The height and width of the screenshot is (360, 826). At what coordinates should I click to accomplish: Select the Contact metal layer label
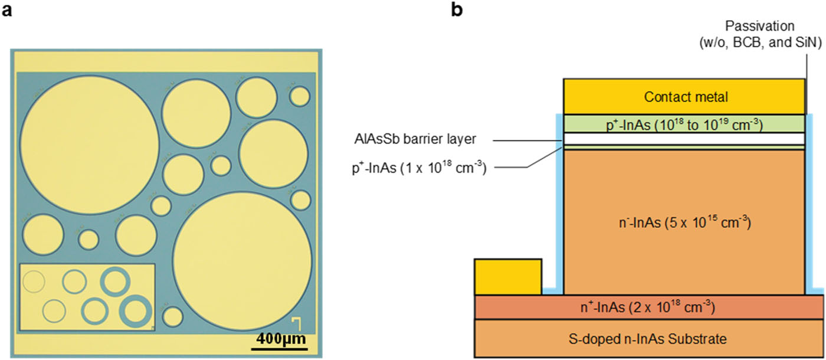pos(684,96)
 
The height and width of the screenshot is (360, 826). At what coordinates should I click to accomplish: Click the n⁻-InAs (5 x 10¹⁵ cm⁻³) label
pos(684,224)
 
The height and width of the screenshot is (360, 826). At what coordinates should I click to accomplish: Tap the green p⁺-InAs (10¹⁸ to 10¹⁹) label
pos(684,124)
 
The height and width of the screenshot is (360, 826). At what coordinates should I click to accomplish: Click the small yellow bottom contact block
pos(507,276)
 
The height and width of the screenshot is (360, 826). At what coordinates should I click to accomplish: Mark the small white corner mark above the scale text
pos(297,322)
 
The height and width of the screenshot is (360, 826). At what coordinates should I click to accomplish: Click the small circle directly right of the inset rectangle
pos(172,316)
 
